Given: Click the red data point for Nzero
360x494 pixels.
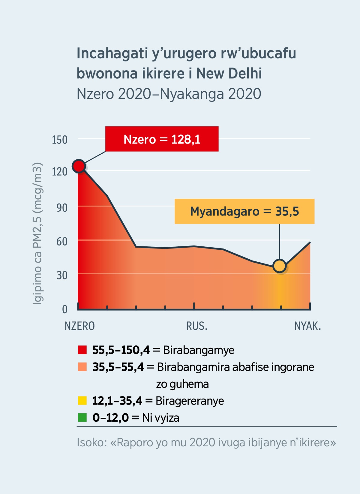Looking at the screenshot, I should pyautogui.click(x=79, y=166).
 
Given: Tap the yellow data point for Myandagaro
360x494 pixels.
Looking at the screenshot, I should pyautogui.click(x=280, y=266).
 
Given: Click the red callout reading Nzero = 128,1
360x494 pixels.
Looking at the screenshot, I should pyautogui.click(x=162, y=139).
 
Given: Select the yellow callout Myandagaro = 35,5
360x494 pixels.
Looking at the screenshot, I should pyautogui.click(x=244, y=211).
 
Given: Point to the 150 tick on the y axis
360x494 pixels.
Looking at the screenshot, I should pyautogui.click(x=59, y=140).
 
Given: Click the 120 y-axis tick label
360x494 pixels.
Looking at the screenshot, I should pyautogui.click(x=59, y=172).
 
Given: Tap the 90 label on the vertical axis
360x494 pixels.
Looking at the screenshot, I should pyautogui.click(x=62, y=208).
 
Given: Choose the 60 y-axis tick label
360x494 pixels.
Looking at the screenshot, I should pyautogui.click(x=62, y=242).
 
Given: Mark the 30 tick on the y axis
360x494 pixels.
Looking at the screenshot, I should pyautogui.click(x=62, y=275).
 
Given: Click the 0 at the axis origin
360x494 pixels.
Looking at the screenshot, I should pyautogui.click(x=64, y=309).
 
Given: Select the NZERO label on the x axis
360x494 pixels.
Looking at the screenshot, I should pyautogui.click(x=79, y=326).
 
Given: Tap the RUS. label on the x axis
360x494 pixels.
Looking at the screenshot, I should pyautogui.click(x=197, y=326).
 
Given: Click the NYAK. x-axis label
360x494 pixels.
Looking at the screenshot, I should pyautogui.click(x=307, y=326).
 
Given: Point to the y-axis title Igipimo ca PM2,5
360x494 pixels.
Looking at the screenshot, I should pyautogui.click(x=37, y=233).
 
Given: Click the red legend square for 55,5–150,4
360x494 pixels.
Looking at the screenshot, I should pyautogui.click(x=82, y=350).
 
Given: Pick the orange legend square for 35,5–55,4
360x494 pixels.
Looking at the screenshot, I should pyautogui.click(x=82, y=367).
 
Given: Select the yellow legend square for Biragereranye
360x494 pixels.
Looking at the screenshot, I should pyautogui.click(x=82, y=401).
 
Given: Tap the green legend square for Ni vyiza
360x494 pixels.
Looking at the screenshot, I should pyautogui.click(x=82, y=417).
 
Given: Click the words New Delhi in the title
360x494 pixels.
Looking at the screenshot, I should pyautogui.click(x=229, y=73).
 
